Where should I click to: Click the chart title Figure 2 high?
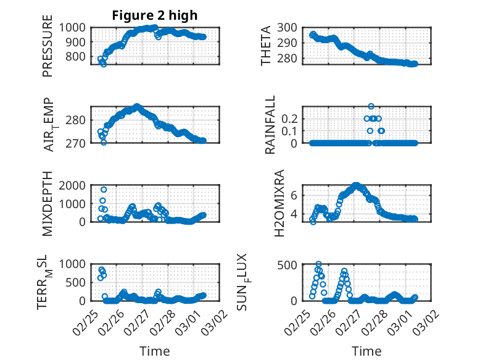(154, 15)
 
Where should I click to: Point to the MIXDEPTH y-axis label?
(48, 204)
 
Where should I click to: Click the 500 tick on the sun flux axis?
(291, 265)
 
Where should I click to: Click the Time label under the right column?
(366, 351)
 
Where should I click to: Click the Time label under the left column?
(154, 351)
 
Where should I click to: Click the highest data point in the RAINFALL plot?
(371, 106)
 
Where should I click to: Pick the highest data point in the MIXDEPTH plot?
(104, 190)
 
